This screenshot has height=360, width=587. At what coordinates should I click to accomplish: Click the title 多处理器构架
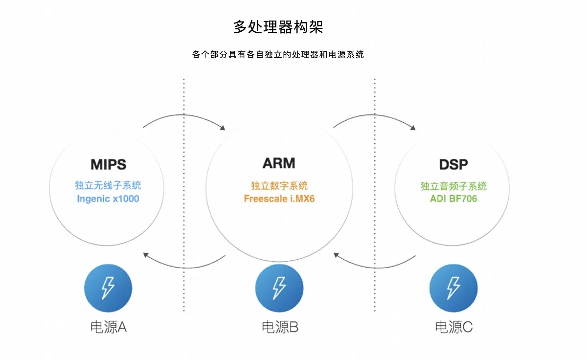pos(278,27)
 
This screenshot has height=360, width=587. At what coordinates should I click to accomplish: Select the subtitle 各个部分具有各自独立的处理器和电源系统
pos(278,54)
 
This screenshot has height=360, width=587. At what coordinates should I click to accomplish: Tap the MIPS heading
pos(108,164)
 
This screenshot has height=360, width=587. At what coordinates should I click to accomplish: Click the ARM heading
pos(279,163)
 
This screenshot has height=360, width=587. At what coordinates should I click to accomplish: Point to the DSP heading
pos(453,164)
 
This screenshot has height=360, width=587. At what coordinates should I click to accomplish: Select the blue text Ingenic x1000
pos(108,199)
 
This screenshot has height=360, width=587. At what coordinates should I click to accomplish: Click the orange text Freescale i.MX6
pos(279,199)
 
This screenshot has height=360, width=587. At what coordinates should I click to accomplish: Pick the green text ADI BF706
pos(453,199)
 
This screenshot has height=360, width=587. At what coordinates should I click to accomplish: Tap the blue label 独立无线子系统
pos(108,185)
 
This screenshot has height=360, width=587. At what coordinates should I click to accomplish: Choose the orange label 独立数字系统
pos(279,186)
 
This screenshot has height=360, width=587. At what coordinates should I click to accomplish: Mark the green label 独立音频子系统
pos(453,186)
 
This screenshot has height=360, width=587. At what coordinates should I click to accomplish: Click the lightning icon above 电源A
pos(108,288)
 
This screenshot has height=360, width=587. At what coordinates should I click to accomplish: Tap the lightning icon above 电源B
pos(279,288)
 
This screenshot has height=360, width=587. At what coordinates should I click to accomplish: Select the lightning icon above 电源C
pos(453,288)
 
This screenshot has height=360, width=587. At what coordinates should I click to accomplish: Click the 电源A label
pos(109,327)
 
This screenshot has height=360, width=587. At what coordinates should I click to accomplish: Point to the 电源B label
pos(280,327)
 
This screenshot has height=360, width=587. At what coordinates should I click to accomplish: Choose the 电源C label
pos(453,327)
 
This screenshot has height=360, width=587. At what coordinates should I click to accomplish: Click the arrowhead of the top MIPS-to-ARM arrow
pos(223,128)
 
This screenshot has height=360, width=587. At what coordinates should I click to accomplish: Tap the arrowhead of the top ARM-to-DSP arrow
pos(413,128)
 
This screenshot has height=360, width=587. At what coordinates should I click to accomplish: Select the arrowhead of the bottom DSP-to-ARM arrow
pos(336,255)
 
